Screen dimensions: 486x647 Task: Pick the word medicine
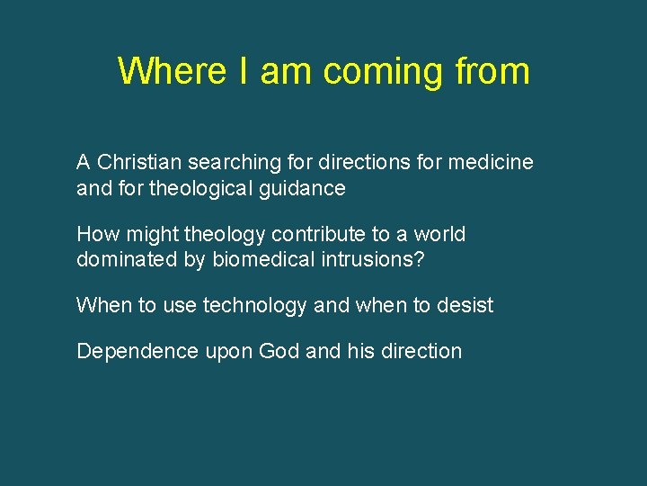491,162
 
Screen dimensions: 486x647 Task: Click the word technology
255,306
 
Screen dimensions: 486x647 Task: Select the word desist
465,306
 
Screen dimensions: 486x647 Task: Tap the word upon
229,352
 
